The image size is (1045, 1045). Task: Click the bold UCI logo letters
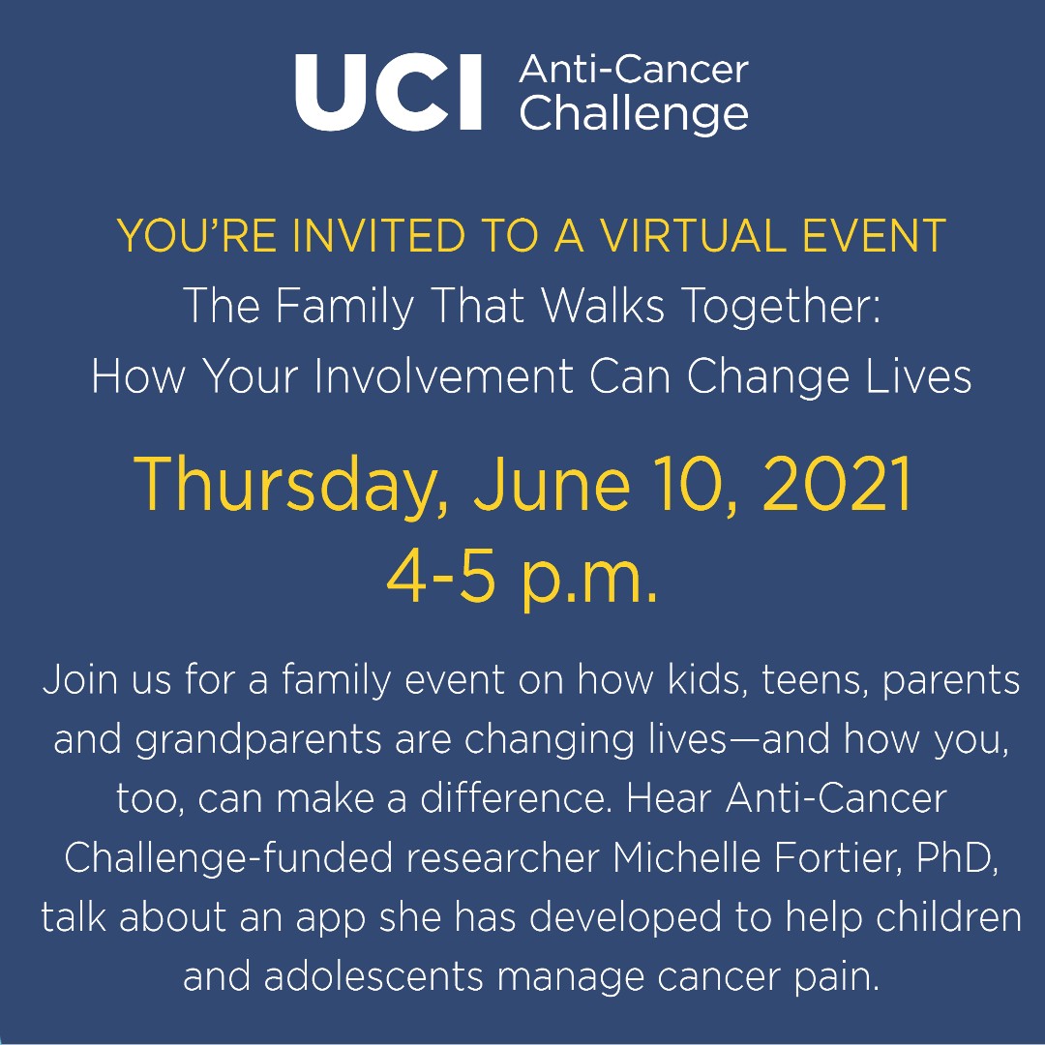(388, 93)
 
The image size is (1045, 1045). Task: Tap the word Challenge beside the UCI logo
(634, 114)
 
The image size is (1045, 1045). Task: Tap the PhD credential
(959, 857)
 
